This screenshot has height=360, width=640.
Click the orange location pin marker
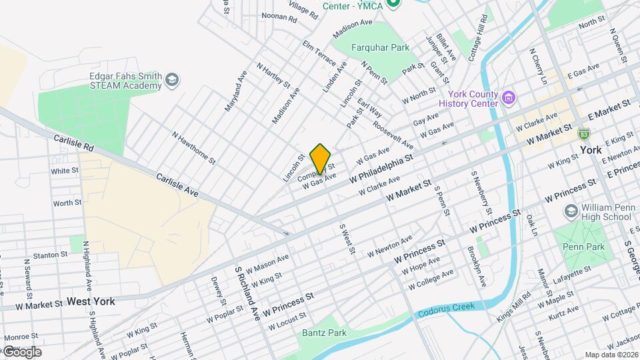point(321,159)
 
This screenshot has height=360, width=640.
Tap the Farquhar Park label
point(371,47)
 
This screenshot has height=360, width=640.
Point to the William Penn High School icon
point(571,211)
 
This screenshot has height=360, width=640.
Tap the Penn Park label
point(583,247)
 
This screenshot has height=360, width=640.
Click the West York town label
point(91,301)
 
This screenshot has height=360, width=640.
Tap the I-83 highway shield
point(584,134)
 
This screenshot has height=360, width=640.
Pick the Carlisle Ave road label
point(177,185)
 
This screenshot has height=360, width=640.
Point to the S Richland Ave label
point(246,294)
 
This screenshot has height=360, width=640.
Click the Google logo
point(21,351)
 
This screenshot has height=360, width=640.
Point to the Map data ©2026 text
point(611,355)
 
